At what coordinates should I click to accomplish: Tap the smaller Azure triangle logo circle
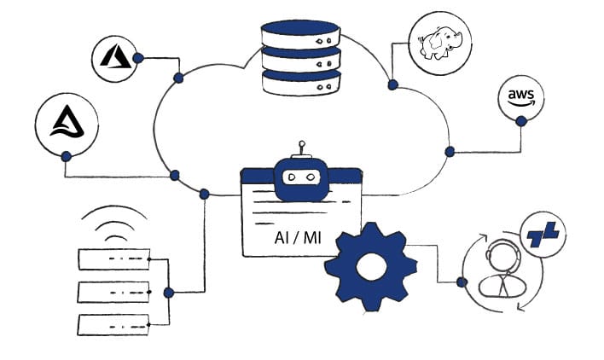point(116,58)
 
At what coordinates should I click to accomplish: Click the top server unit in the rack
point(113,258)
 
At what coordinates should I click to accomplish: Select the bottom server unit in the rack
point(113,324)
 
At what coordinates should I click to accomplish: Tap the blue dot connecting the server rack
point(169,293)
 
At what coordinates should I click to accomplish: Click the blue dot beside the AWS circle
point(520,122)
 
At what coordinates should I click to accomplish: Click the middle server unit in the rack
point(113,291)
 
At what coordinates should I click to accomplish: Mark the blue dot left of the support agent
point(462,282)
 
